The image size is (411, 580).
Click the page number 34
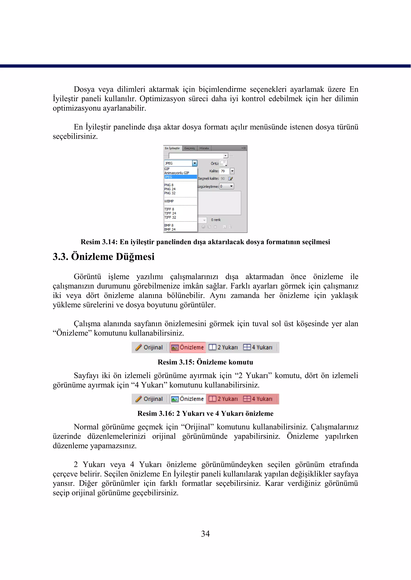[205, 534]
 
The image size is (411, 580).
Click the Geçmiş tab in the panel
[190, 148]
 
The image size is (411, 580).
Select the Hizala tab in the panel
[204, 148]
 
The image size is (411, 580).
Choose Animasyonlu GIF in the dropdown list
[177, 173]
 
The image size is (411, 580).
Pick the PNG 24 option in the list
[170, 189]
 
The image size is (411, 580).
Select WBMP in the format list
[169, 201]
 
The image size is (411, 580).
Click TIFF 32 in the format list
[170, 217]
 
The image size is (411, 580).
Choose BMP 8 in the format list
[169, 225]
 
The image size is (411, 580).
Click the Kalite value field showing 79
[224, 171]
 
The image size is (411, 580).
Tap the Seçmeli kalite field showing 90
[223, 179]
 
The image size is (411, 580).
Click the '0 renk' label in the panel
[216, 220]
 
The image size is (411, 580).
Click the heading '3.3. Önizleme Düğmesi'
[104, 257]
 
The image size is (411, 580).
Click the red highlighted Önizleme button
[187, 347]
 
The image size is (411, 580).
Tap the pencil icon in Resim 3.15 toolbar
[138, 347]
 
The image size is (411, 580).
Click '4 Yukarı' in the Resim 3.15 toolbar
[258, 347]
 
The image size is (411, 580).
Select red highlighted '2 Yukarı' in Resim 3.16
[223, 399]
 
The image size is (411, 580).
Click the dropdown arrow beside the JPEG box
[195, 163]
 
